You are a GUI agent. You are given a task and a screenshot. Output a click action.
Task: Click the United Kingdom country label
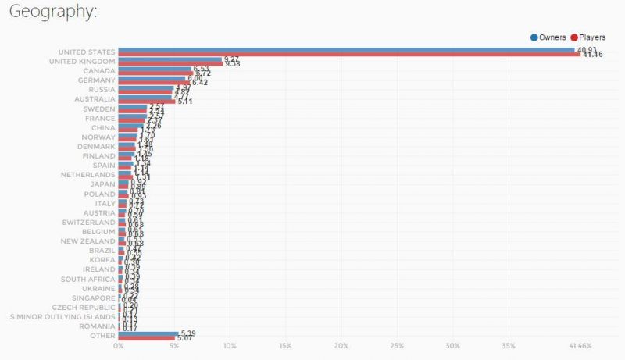point(82,62)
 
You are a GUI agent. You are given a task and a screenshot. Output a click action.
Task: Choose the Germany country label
point(97,80)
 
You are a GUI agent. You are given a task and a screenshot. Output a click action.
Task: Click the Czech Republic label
point(85,307)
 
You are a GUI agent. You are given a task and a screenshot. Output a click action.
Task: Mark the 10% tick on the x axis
point(230,346)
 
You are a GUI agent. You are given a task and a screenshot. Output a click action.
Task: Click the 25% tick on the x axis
point(397,346)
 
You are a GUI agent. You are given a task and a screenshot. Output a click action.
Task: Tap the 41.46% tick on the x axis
point(580,346)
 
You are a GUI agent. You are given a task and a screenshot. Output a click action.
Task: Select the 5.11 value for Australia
point(185,102)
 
